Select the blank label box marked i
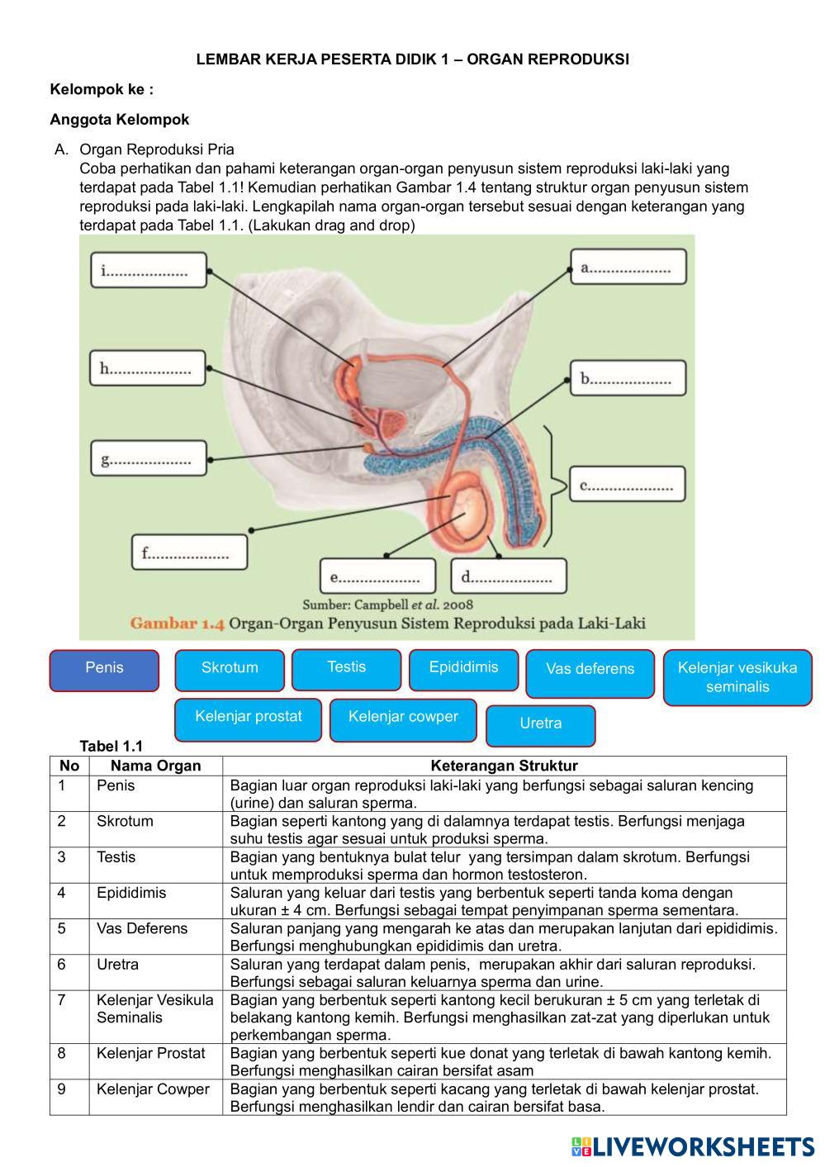coord(149,270)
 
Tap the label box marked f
coord(189,553)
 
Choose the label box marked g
coord(149,458)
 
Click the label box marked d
coord(509,576)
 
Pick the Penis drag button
coord(104,670)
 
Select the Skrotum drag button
coord(230,670)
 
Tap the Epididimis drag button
coord(463,669)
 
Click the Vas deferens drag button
coord(590,672)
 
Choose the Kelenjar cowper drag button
coord(403,719)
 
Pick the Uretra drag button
coord(541,725)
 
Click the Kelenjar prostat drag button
coord(249,719)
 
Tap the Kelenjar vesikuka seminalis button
coord(737,677)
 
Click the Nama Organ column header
coord(155,766)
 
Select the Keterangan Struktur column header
coord(504,766)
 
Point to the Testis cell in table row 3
coord(116,857)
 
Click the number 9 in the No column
coord(62,1089)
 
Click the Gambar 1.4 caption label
coord(177,624)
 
